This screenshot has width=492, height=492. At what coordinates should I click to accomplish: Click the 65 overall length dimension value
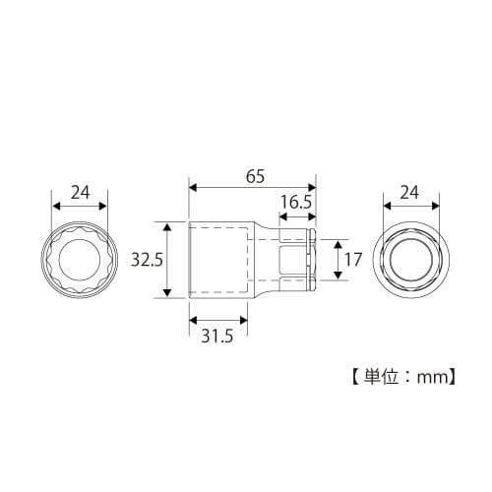(x=254, y=177)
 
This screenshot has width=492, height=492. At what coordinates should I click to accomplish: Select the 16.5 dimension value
(x=295, y=203)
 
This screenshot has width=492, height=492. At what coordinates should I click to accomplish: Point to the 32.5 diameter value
(x=146, y=260)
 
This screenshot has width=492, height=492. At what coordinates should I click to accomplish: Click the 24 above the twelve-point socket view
(x=81, y=192)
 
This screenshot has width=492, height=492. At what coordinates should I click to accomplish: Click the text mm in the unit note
(x=432, y=375)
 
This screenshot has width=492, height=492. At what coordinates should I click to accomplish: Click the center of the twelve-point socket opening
(x=81, y=260)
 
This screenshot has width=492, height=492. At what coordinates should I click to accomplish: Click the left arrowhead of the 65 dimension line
(x=193, y=187)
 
